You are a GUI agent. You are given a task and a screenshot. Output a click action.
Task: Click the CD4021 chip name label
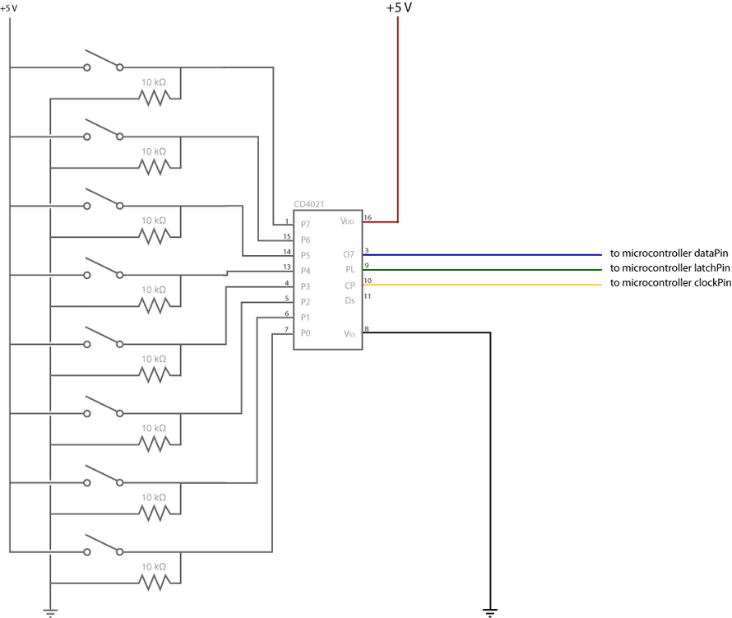point(311,203)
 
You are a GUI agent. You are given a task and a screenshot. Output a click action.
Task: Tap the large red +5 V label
point(399,8)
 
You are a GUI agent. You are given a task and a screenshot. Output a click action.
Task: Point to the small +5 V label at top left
point(10,8)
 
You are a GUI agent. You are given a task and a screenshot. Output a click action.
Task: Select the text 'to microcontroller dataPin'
point(669,253)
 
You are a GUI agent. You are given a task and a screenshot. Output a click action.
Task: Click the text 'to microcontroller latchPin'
point(669,268)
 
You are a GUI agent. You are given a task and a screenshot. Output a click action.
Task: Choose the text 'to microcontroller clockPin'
point(670,283)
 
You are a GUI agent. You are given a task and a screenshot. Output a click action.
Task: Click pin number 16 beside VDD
point(368,217)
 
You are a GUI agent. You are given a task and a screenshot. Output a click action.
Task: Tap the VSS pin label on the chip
point(349,333)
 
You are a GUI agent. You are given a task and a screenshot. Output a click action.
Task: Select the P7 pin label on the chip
point(305,224)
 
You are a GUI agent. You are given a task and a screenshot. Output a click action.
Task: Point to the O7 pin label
point(349,254)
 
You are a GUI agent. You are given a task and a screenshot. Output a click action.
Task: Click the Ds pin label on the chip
point(350,300)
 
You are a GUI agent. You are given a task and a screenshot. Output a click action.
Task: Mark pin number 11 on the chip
point(368,296)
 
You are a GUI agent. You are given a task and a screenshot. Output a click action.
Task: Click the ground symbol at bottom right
point(490,611)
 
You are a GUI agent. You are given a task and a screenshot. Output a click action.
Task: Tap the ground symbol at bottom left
point(50,611)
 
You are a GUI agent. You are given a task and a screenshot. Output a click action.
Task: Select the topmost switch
point(104,63)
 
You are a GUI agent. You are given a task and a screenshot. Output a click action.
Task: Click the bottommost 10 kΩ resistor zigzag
point(154,583)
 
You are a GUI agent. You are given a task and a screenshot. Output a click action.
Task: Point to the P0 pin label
point(305,332)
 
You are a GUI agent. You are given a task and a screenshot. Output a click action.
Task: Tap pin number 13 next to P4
point(286,266)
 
